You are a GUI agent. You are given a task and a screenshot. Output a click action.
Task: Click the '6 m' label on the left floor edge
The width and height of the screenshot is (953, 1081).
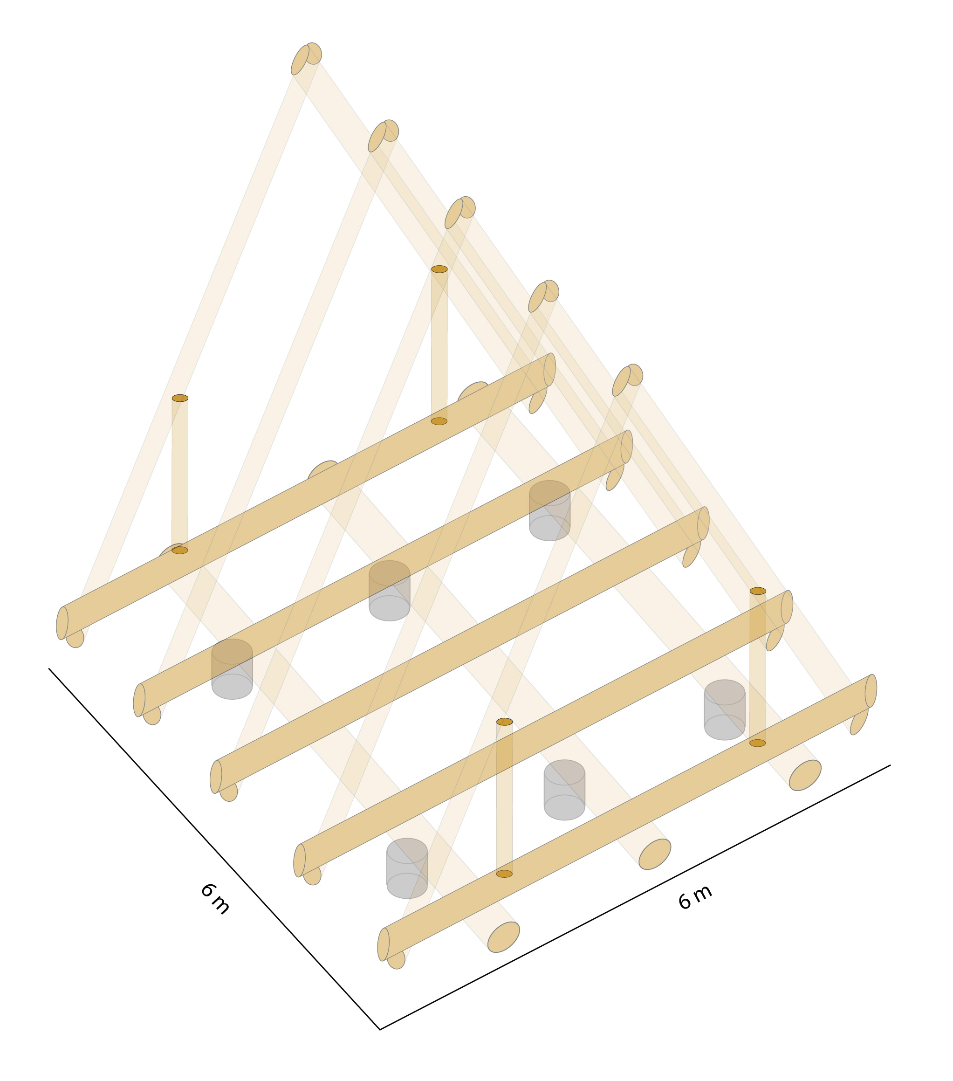(215, 899)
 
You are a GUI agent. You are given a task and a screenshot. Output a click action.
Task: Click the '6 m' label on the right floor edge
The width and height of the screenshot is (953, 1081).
(695, 897)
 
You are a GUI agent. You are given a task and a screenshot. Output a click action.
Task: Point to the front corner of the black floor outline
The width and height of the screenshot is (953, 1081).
(380, 1029)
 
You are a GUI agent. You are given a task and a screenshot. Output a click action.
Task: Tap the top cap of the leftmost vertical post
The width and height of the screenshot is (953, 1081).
(180, 398)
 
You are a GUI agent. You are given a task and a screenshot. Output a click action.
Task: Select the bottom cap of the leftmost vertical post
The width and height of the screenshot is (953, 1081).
(180, 550)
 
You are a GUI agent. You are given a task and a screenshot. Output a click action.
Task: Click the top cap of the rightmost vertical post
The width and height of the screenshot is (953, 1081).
(758, 591)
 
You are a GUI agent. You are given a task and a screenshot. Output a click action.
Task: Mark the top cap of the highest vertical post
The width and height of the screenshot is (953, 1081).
(439, 269)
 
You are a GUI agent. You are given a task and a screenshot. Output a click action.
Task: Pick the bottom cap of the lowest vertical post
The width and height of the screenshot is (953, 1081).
(505, 874)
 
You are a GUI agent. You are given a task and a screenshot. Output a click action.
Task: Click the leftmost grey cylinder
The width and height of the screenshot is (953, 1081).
(232, 669)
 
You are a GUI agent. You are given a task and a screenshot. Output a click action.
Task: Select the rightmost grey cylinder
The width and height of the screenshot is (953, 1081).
(725, 710)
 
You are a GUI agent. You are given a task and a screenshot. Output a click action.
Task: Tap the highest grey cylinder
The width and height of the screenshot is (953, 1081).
(549, 510)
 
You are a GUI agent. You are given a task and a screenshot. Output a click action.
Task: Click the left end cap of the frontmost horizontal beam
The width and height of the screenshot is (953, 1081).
(384, 944)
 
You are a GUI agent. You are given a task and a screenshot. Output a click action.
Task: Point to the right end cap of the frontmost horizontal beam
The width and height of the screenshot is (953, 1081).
(871, 691)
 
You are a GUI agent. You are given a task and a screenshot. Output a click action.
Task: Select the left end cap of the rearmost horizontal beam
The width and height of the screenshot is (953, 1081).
(62, 623)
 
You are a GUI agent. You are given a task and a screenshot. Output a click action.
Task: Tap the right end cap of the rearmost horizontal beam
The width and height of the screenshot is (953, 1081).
(550, 370)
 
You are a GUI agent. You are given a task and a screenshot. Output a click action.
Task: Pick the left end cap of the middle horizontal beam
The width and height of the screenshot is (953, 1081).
(216, 777)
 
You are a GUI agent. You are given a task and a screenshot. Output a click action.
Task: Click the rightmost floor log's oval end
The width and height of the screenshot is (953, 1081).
(805, 775)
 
